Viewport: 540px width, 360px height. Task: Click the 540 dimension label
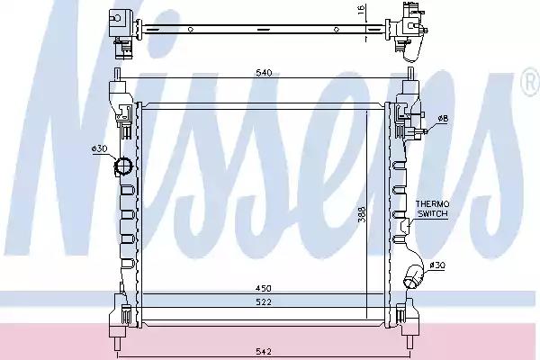coord(264,73)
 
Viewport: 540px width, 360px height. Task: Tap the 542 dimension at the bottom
coord(264,352)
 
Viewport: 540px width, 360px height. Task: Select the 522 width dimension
coord(264,302)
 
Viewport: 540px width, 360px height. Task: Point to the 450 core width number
coord(264,288)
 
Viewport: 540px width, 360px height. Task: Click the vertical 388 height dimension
coord(362,214)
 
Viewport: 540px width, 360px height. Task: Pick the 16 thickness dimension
coord(361,10)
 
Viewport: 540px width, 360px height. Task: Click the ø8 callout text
coord(443,119)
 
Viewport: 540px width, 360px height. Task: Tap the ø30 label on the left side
coord(100,148)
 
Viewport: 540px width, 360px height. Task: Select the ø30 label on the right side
coord(437,265)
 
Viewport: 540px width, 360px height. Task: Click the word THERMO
coord(432,204)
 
